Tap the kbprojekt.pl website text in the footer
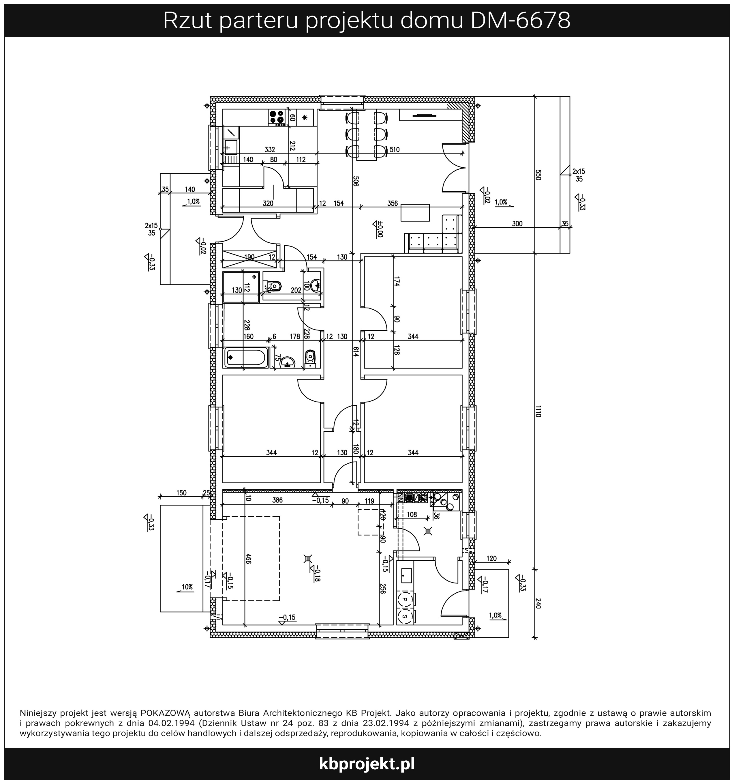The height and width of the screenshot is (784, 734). pos(367,764)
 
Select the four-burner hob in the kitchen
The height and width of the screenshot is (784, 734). pos(277,117)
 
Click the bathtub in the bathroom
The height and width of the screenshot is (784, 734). pos(246,357)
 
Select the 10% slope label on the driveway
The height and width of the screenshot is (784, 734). pos(187,587)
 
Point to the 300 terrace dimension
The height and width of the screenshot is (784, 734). pos(517,224)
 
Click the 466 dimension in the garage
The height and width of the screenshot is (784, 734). pos(248,559)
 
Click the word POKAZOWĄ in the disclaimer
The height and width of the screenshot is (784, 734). pos(166,713)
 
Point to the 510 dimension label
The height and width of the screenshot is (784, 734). pos(395,149)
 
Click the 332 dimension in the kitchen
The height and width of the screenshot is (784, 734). pos(270,149)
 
